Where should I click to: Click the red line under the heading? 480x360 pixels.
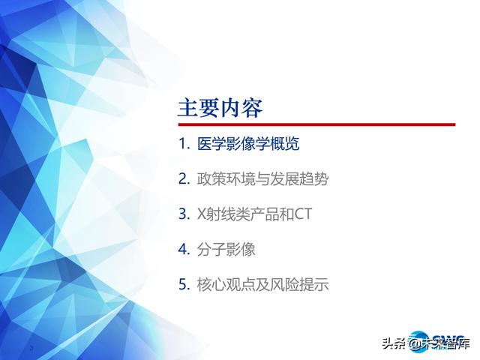(316, 124)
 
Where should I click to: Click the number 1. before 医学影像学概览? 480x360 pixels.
(184, 144)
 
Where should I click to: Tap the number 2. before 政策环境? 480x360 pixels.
(184, 179)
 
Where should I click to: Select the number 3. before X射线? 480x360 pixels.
(184, 214)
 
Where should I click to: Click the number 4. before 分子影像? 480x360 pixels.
(184, 250)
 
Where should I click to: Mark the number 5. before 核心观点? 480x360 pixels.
(184, 285)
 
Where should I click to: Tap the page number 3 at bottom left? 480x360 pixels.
(31, 349)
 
